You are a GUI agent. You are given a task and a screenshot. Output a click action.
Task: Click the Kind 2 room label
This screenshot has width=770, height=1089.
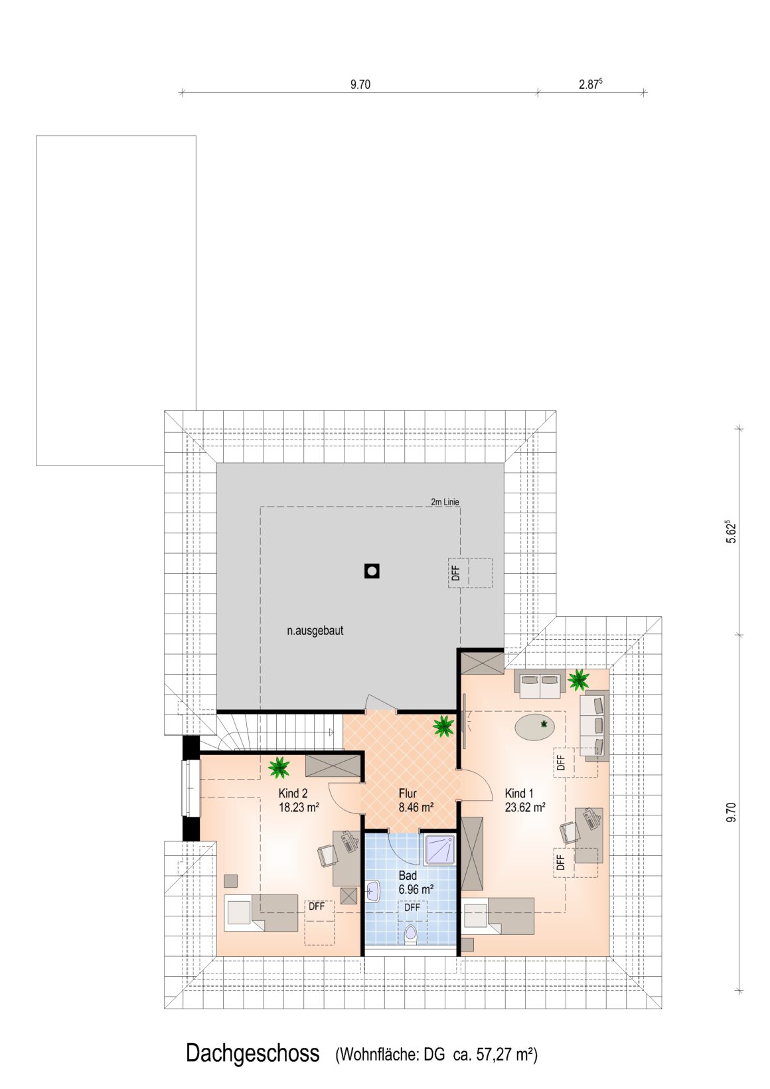click(x=293, y=794)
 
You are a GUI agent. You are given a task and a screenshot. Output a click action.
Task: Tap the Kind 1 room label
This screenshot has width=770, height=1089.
click(x=518, y=794)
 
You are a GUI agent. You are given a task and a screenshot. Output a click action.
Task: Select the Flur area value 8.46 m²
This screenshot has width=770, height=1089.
click(x=416, y=807)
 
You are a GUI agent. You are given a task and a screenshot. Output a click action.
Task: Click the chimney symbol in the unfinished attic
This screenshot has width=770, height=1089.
click(x=372, y=571)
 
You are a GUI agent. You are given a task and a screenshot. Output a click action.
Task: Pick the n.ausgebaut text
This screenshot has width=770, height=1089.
click(x=315, y=631)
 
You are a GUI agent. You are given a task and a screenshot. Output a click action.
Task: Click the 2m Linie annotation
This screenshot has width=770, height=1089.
click(x=445, y=502)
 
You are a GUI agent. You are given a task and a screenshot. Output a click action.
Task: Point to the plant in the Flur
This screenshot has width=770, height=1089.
click(x=443, y=726)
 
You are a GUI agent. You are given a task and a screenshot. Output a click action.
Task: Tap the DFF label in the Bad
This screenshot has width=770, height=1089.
click(x=412, y=908)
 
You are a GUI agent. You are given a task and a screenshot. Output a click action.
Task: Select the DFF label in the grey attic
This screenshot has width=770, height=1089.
click(x=455, y=573)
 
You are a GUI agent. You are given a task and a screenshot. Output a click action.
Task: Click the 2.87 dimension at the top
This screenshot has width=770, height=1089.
click(x=591, y=84)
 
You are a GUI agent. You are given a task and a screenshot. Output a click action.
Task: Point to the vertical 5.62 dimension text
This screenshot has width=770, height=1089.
click(x=732, y=533)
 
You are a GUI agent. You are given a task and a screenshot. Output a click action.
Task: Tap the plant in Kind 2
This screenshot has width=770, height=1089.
click(x=279, y=768)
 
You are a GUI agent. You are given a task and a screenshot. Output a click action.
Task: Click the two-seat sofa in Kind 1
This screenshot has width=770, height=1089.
click(x=540, y=681)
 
